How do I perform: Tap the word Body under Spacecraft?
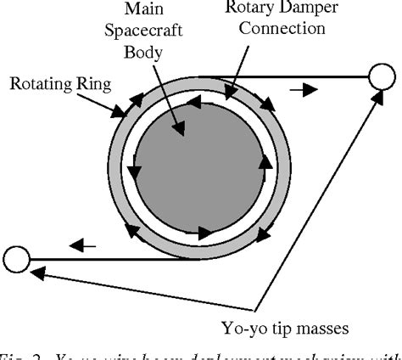coord(146,53)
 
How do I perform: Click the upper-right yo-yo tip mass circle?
coord(380,78)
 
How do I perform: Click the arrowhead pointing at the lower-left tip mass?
coord(36,273)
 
